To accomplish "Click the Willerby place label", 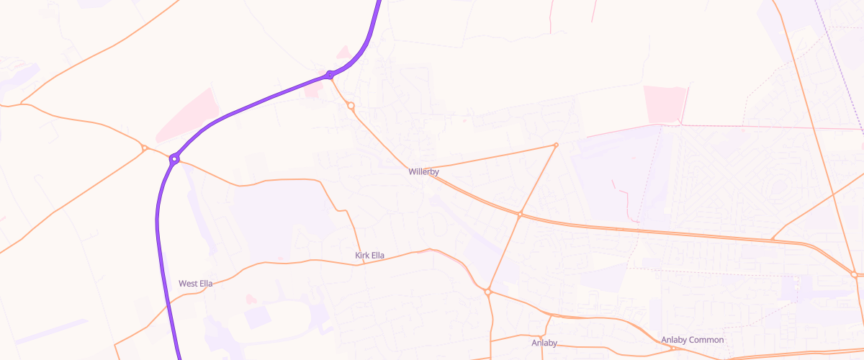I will coord(423,172).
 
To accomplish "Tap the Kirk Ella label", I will coord(369,256).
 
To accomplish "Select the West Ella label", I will coord(195,284).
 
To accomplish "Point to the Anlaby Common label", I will coord(692,340).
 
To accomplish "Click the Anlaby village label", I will coord(544,343).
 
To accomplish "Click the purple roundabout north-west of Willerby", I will coord(330,75).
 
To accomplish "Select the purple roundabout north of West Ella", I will coord(174,158).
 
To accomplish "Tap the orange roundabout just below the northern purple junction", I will coord(351,106).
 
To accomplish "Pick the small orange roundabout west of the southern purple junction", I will coord(145,148).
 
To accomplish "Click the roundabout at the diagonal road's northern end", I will coord(556,145).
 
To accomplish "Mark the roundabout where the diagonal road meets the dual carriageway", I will coord(520,214).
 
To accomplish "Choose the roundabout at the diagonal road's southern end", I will coord(487,292).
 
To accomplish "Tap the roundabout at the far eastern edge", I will coord(854,274).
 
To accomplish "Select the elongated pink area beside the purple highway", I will coord(185,115).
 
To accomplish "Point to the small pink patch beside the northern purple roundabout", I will coord(345,53).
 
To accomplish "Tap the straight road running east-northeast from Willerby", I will coord(490,160).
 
